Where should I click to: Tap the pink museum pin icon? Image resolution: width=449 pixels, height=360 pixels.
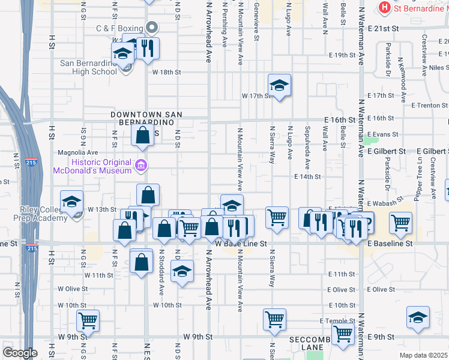tap(140, 165)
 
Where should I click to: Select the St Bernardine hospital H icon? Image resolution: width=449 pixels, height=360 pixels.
tap(383, 8)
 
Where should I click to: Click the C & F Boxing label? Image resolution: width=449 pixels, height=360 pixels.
tap(119, 28)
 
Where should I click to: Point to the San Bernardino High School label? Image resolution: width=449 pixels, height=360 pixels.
tap(89, 67)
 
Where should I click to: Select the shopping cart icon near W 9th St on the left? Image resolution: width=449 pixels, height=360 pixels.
tap(88, 321)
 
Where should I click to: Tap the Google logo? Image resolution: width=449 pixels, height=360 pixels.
tap(19, 352)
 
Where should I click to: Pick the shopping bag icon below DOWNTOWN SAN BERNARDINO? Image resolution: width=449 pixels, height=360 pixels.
tap(143, 136)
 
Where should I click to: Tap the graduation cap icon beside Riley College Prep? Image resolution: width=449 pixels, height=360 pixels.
tap(71, 202)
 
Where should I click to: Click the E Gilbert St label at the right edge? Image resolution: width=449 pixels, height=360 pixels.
tap(430, 151)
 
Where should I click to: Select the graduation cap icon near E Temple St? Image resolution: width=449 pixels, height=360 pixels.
tap(418, 318)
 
